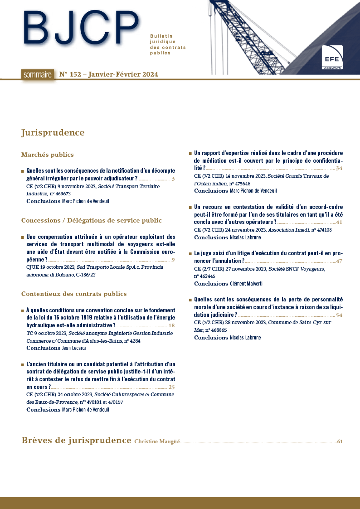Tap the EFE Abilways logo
332,58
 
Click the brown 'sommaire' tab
37,75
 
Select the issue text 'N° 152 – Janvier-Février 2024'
109,75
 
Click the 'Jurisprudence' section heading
53,133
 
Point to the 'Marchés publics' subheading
47,155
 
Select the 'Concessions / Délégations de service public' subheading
91,221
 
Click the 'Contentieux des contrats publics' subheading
74,294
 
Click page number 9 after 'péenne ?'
173,260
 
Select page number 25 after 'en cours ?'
171,388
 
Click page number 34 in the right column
339,169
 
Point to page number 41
339,223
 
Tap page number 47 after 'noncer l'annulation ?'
339,262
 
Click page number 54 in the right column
339,315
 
